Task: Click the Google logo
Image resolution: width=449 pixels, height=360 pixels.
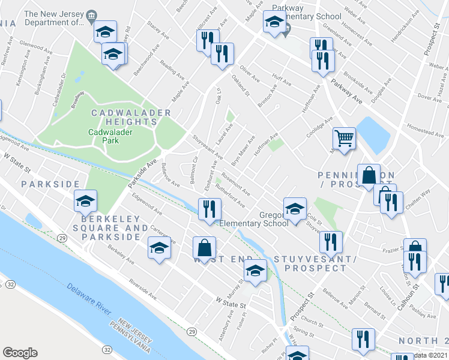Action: (x=20, y=353)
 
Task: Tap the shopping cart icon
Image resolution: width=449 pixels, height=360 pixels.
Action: (x=345, y=139)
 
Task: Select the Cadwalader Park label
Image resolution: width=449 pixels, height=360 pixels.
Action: (x=110, y=136)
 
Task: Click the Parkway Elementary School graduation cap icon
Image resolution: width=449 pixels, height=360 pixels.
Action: (x=274, y=23)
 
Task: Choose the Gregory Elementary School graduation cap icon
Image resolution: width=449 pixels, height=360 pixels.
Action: (x=294, y=209)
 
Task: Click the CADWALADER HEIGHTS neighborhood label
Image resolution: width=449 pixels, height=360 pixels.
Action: (x=131, y=117)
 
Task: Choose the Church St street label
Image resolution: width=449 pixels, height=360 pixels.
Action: (x=313, y=320)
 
